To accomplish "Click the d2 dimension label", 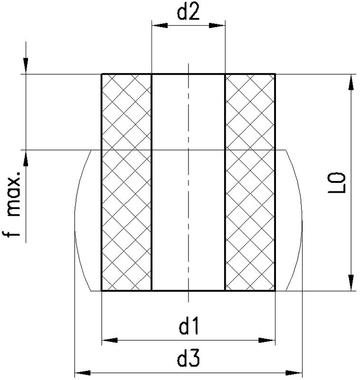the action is click(x=189, y=13).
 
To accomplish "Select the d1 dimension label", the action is click(x=189, y=326).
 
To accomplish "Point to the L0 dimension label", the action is click(x=337, y=183).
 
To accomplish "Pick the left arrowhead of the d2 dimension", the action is click(x=160, y=26).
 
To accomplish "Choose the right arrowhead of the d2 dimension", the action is click(x=217, y=26).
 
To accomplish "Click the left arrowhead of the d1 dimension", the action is click(x=110, y=340).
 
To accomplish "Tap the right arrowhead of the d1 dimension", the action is click(x=267, y=340).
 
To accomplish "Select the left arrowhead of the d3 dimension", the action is click(x=82, y=373).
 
